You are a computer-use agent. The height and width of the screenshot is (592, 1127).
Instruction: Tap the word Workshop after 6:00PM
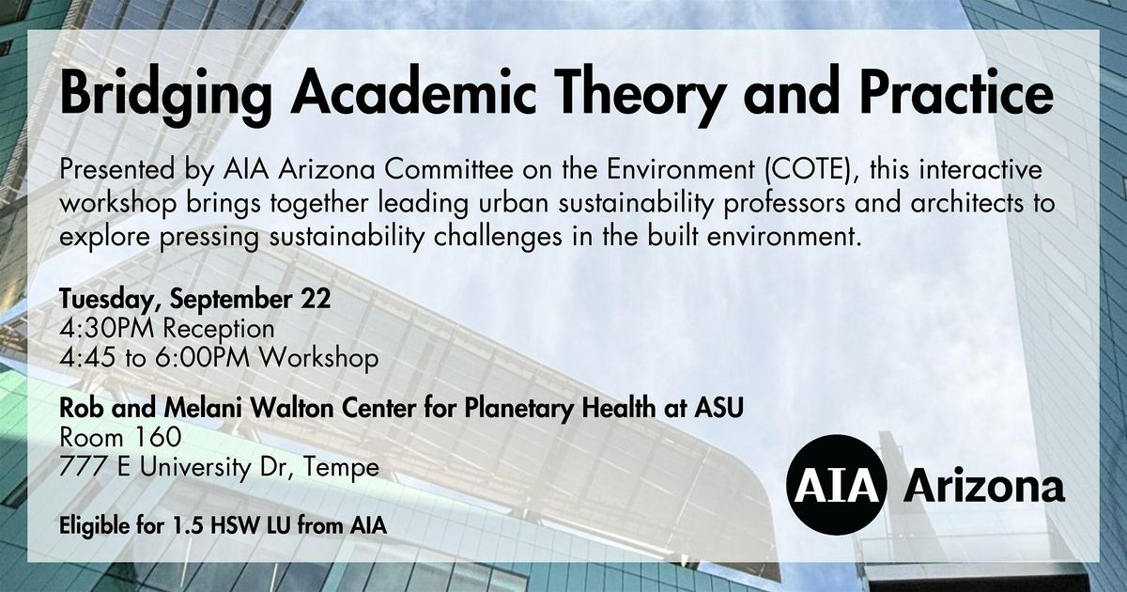(319, 358)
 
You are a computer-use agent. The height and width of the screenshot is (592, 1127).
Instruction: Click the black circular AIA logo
(836, 485)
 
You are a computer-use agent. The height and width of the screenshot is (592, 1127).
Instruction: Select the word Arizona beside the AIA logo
(984, 486)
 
